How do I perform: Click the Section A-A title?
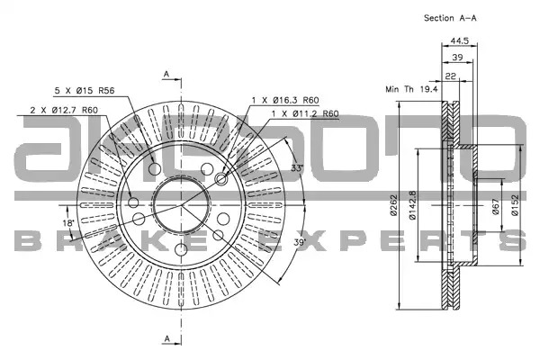[450, 18]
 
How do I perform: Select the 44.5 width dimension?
[460, 40]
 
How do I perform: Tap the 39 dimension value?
[457, 58]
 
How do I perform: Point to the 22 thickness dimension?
[451, 76]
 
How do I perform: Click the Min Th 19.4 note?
[411, 89]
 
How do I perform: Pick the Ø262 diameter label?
[393, 205]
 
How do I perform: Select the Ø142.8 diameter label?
[412, 205]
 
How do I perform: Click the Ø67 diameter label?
[496, 207]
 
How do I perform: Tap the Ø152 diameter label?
[515, 205]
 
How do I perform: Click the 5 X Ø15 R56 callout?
[85, 91]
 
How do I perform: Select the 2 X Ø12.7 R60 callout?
[64, 110]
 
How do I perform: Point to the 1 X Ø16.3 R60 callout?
[285, 100]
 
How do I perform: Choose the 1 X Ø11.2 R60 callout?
[305, 113]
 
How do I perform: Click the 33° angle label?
[297, 168]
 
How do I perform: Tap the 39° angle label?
[300, 242]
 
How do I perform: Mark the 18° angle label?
[68, 223]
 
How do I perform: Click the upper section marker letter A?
[166, 74]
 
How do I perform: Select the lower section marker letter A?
[166, 338]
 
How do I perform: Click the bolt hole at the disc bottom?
[181, 249]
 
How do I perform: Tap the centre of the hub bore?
[181, 204]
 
